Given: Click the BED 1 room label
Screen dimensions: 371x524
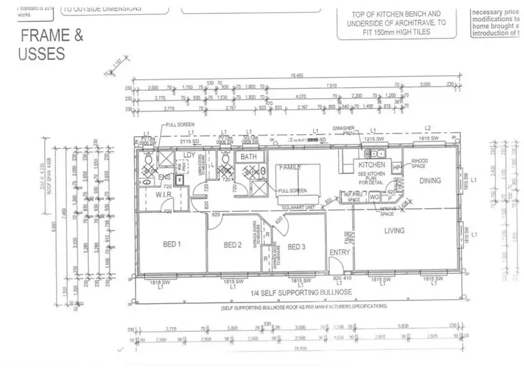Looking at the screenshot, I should pyautogui.click(x=171, y=245).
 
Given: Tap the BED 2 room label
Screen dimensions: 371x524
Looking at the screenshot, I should pyautogui.click(x=232, y=245).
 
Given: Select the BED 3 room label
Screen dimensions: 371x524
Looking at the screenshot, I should pyautogui.click(x=297, y=247).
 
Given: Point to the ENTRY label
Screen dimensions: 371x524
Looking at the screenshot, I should pyautogui.click(x=340, y=253).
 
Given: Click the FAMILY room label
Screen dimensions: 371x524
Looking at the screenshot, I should pyautogui.click(x=289, y=168).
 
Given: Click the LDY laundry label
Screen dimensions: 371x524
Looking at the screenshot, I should pyautogui.click(x=189, y=155).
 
